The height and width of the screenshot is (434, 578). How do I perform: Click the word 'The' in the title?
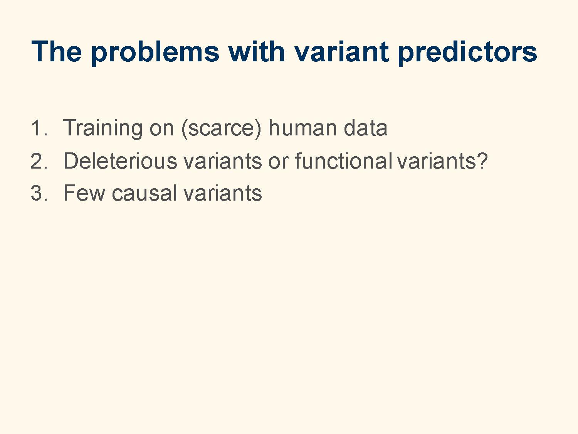tap(57, 51)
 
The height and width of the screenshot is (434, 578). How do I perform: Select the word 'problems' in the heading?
tap(155, 53)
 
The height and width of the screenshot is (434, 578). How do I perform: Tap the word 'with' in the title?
tap(257, 51)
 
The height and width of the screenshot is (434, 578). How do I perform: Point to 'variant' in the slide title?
tap(341, 51)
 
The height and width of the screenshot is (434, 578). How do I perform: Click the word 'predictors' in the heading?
tap(468, 53)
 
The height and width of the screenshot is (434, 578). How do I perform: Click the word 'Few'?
tap(84, 193)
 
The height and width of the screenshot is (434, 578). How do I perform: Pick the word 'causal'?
tap(144, 193)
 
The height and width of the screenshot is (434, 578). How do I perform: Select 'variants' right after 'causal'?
tap(222, 193)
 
